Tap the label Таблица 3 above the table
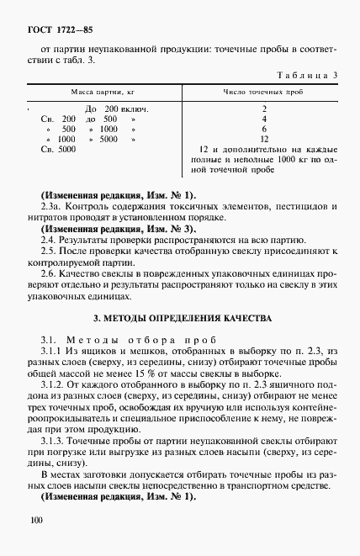pos(311,76)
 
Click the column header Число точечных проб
pos(263,91)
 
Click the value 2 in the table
pos(264,109)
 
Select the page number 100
pos(35,522)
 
